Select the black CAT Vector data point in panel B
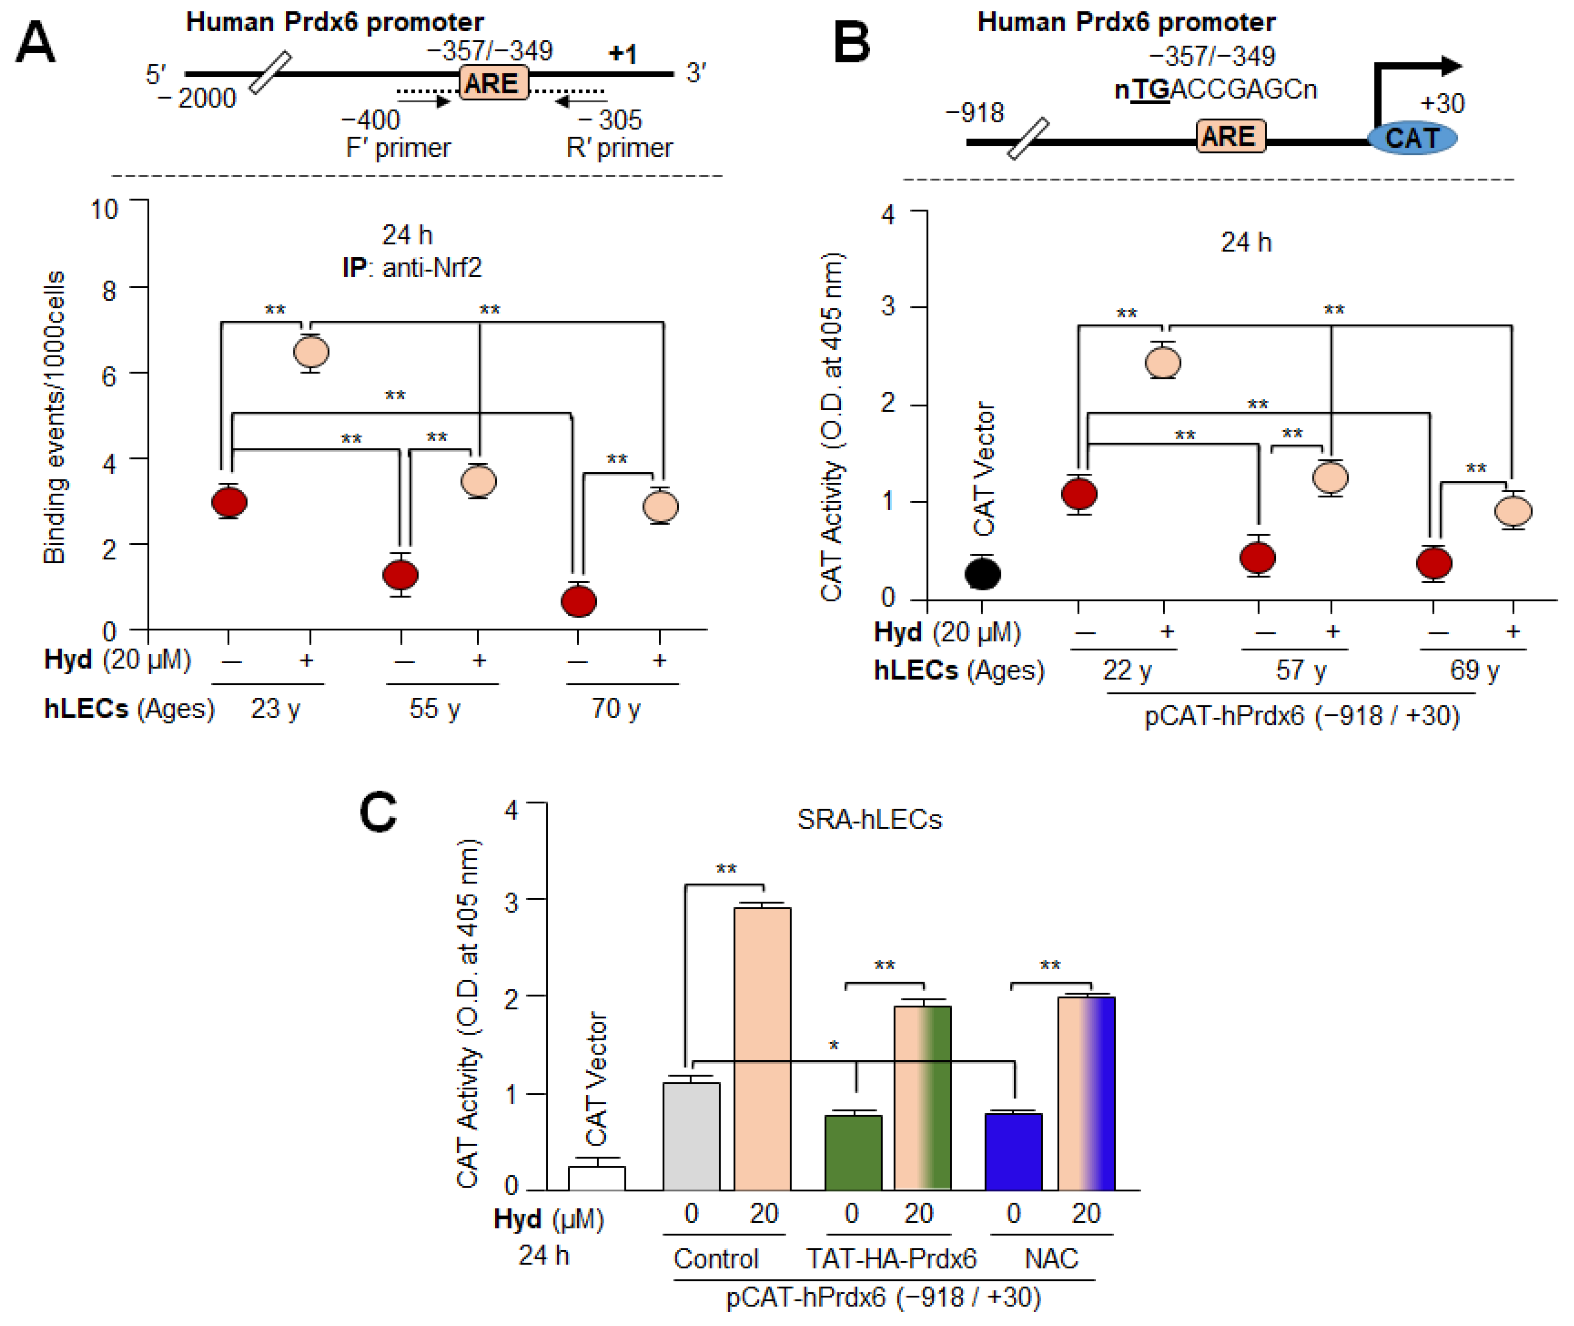982,574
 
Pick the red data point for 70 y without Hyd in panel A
578,601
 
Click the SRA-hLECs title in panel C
869,820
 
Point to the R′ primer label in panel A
619,147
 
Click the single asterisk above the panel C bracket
833,1046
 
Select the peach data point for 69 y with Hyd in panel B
1513,511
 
